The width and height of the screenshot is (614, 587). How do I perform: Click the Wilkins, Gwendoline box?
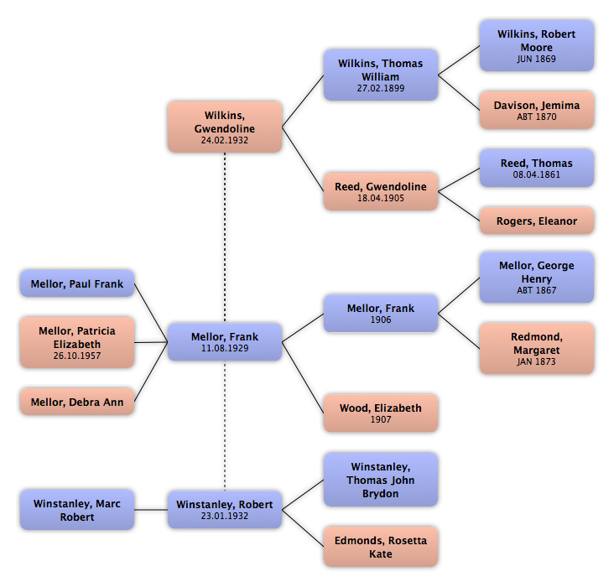(224, 127)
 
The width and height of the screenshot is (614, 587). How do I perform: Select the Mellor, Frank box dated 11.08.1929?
(224, 341)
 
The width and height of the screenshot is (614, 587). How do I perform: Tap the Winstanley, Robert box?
(224, 509)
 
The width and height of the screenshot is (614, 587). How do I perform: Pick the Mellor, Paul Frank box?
(77, 284)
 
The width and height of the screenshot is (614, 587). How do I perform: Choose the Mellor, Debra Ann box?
(77, 403)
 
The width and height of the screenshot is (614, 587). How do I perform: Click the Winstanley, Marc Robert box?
(77, 510)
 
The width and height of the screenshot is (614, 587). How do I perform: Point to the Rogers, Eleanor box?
(537, 221)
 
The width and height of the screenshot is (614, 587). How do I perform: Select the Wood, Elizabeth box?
(381, 413)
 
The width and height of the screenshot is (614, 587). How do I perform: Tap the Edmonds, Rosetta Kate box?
(381, 548)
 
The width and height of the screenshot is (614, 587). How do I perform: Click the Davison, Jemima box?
(537, 110)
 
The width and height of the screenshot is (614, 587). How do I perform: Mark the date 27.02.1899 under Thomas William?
(381, 87)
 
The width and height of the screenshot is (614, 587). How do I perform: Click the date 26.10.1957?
(77, 356)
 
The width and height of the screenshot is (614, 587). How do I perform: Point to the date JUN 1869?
(537, 60)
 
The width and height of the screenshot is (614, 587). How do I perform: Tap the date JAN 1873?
(537, 362)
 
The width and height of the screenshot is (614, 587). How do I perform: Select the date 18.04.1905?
(381, 200)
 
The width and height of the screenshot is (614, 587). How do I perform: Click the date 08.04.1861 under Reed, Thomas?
(537, 175)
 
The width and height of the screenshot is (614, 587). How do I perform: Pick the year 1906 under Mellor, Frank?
(381, 319)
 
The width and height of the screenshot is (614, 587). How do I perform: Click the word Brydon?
(381, 494)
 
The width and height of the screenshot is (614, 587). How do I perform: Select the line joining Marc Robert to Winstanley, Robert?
(152, 510)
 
